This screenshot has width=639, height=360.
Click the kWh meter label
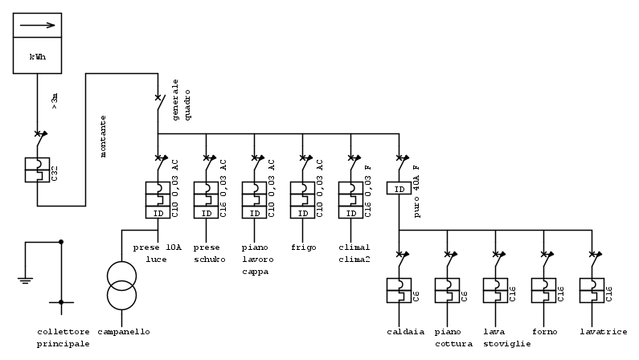[37, 57]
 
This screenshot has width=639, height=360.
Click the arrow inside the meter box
[37, 25]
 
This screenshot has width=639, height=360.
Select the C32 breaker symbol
[37, 170]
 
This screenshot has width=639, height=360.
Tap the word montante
[103, 136]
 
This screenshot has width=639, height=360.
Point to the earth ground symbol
[25, 280]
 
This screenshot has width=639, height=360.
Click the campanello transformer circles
[122, 286]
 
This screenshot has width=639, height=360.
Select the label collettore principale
[63, 337]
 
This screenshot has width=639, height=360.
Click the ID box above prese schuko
[207, 213]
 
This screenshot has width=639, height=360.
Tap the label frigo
[303, 247]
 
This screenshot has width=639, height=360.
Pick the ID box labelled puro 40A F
[399, 189]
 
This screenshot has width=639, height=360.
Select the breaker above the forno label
[544, 290]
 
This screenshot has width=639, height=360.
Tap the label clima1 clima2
[354, 253]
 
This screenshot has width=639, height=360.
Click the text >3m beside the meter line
[55, 100]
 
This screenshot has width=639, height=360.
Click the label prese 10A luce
[158, 253]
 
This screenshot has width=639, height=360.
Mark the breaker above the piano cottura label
[448, 290]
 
